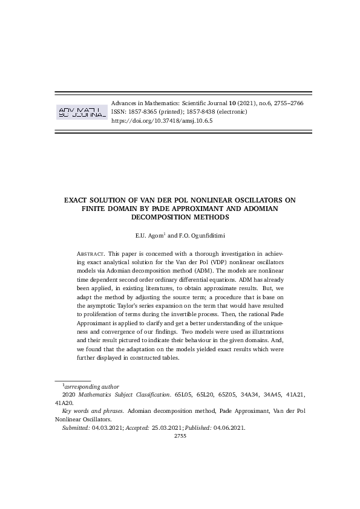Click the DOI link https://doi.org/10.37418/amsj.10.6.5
tap(162, 121)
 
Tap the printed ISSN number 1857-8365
tap(146, 112)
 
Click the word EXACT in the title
tap(80, 199)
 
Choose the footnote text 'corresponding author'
tap(91, 386)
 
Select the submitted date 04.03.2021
tap(106, 428)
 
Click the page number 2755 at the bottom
tap(180, 436)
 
